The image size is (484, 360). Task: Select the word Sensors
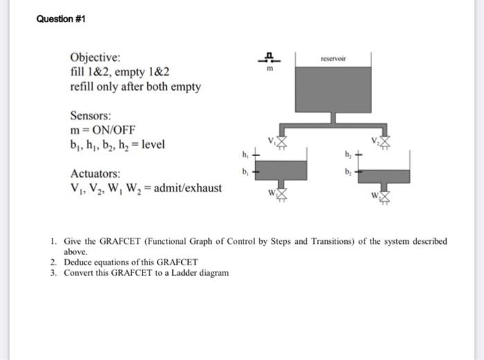coord(91,115)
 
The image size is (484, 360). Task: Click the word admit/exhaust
coord(188,188)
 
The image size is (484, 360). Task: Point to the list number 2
coord(53,262)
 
